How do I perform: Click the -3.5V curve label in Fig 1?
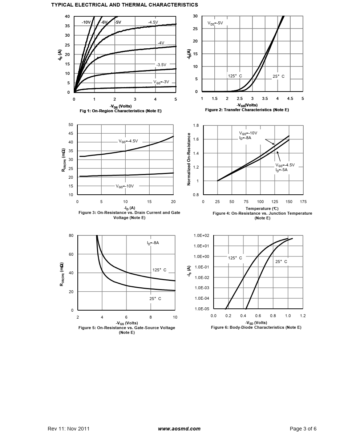pos(161,65)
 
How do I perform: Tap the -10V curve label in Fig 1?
pos(86,23)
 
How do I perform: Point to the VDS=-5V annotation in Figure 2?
pos(215,23)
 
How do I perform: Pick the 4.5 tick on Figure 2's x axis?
pos(290,98)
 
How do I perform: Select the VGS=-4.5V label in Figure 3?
pos(128,141)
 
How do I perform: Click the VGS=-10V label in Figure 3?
pos(125,186)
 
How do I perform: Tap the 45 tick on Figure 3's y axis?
pos(71,133)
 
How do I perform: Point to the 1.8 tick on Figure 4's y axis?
pos(196,126)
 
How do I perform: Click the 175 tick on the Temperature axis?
pos(303,202)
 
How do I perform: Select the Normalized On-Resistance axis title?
pos(189,159)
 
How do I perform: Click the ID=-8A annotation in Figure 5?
pos(153,243)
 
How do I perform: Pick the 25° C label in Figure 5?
pos(155,299)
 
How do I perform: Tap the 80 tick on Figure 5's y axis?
pos(71,235)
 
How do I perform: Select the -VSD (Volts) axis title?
pos(256,323)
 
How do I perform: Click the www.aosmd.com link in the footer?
pos(179,429)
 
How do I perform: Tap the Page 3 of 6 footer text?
pos(303,429)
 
